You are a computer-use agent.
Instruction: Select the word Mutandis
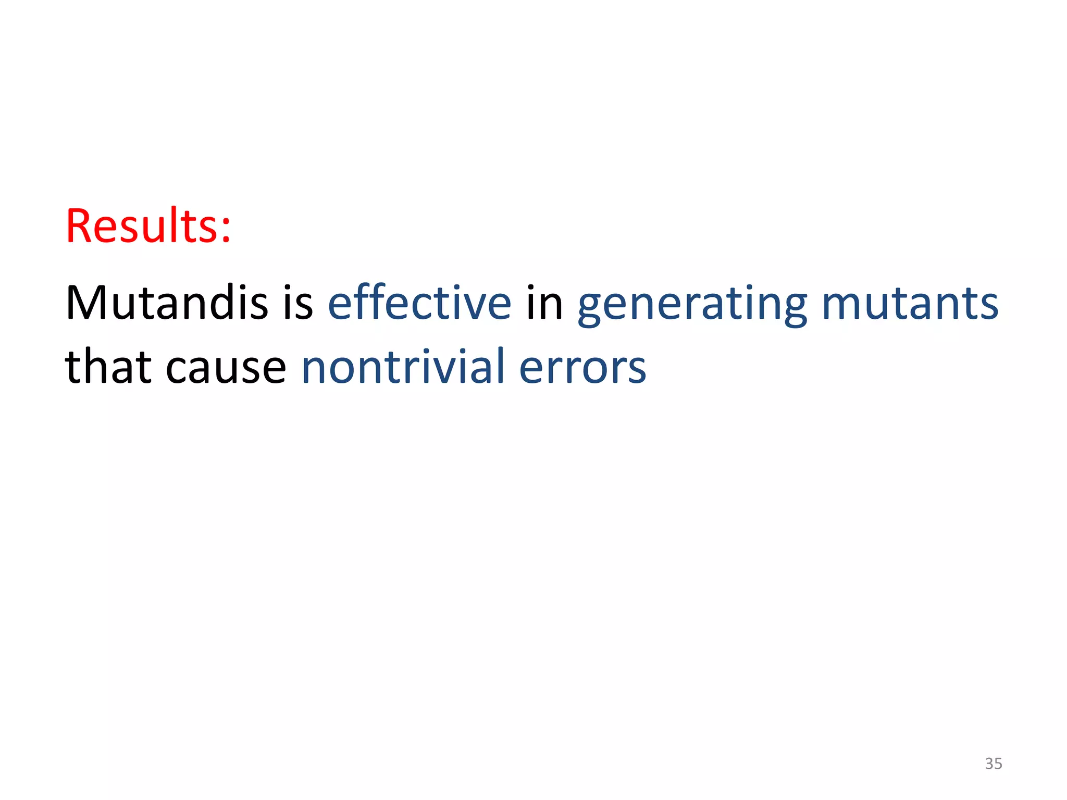(x=167, y=303)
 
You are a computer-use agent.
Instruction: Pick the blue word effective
(x=419, y=303)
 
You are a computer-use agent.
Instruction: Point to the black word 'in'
(x=544, y=303)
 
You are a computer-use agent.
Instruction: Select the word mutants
(x=910, y=304)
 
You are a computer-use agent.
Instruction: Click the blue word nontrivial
(x=403, y=367)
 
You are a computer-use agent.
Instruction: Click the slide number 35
(x=993, y=764)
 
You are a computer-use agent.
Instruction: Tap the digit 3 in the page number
(x=989, y=764)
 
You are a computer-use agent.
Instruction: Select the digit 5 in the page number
(x=998, y=764)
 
